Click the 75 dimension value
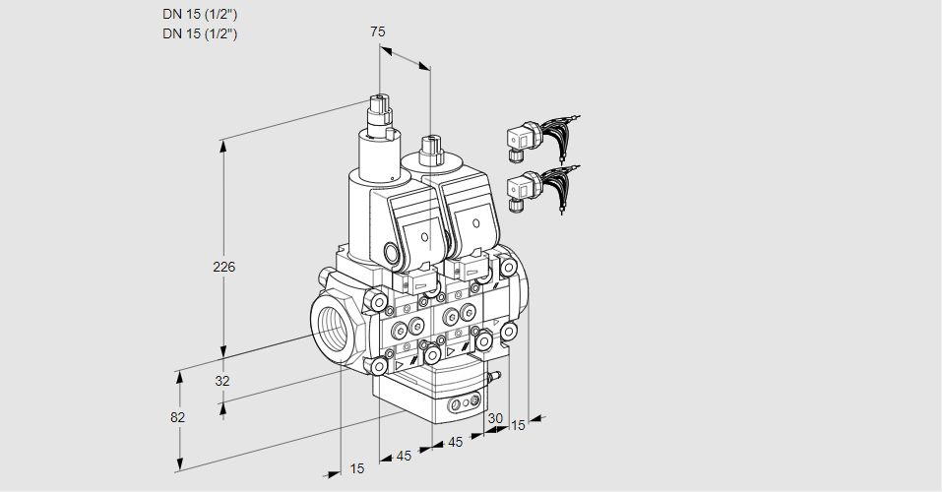tap(377, 31)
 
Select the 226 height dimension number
tap(225, 267)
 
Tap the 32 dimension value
tap(222, 381)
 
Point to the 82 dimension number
tap(178, 417)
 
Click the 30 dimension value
tap(495, 418)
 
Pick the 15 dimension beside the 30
tap(518, 425)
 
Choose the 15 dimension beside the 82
tap(357, 468)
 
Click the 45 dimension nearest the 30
tap(455, 443)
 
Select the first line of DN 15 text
tap(200, 14)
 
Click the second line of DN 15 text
tap(200, 33)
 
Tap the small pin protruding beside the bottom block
tap(495, 376)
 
